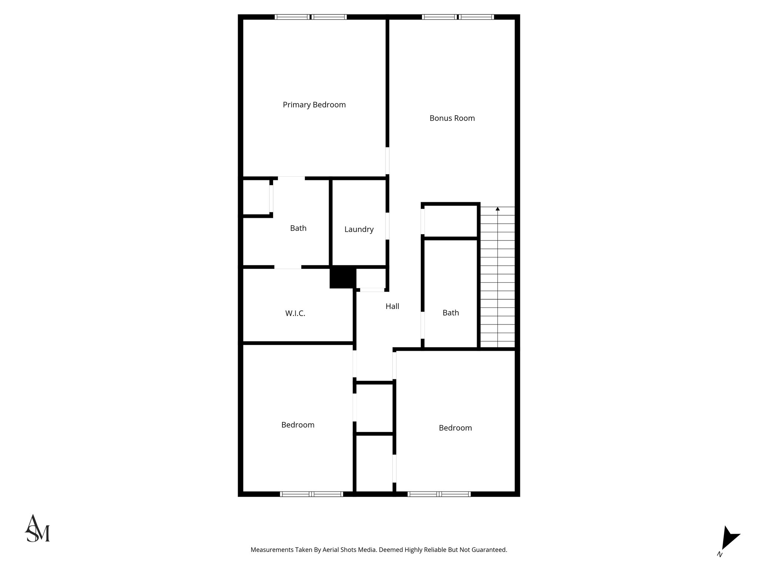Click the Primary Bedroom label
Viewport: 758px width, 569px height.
point(314,105)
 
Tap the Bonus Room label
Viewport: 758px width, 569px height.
point(452,118)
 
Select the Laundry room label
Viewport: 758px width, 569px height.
point(359,229)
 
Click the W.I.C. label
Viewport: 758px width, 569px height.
point(295,313)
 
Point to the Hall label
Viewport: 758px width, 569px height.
point(392,306)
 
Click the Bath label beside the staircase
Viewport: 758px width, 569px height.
point(450,313)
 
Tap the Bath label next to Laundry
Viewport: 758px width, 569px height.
point(298,228)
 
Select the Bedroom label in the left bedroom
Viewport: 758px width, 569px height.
point(298,425)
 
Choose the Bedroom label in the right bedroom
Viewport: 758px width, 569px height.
point(455,428)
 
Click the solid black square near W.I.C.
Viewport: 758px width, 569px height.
point(343,278)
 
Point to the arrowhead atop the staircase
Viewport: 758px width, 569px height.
point(497,209)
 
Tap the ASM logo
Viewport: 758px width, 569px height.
point(37,529)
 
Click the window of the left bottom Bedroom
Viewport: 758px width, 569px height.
point(311,494)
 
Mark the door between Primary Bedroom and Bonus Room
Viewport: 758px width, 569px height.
point(388,161)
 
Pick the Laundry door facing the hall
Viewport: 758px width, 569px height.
point(388,226)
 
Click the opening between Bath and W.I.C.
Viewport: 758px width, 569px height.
point(288,267)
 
